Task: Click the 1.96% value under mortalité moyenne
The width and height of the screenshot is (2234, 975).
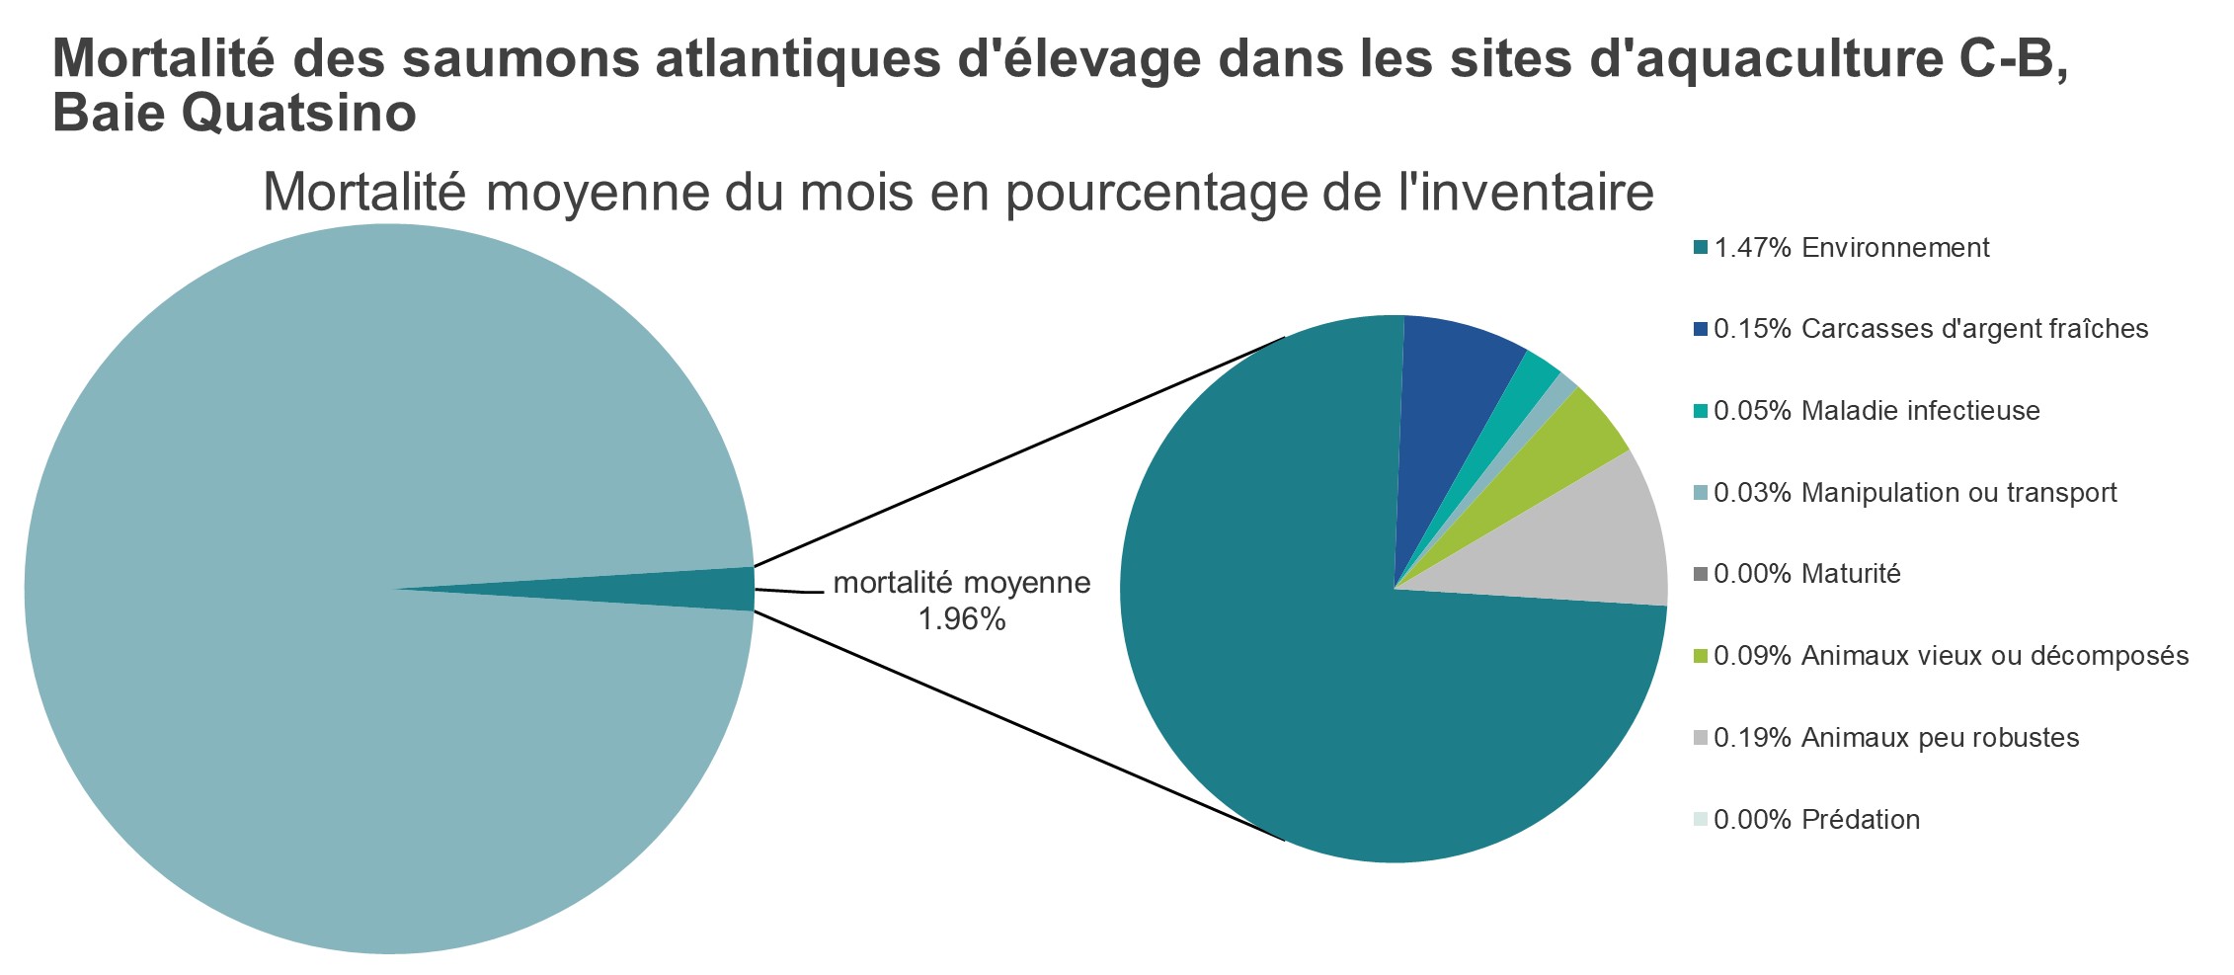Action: (961, 620)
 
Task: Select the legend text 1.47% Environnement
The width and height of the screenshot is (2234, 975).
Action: (1851, 248)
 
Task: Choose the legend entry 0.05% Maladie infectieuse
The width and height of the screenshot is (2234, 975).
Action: (1876, 411)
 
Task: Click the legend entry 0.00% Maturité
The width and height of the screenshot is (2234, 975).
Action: (1806, 574)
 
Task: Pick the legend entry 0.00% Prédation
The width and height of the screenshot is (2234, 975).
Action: (1816, 820)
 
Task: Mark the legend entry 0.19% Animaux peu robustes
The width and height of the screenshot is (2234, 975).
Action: (1896, 738)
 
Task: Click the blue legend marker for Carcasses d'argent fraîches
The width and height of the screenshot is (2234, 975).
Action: (1700, 329)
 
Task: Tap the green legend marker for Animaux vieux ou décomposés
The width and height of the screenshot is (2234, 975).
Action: (1700, 656)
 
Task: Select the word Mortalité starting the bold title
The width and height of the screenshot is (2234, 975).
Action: (162, 57)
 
